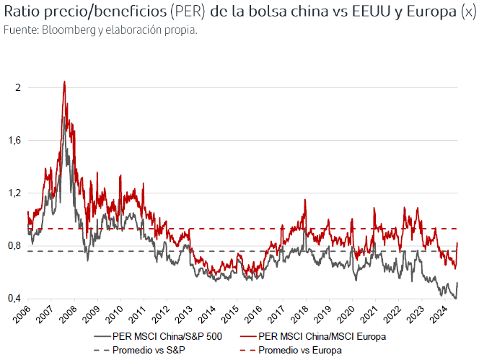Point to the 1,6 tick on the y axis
tap(14, 140)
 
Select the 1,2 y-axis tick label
tap(14, 193)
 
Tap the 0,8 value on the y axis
tap(14, 246)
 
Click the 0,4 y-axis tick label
tap(14, 299)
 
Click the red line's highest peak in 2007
tap(65, 82)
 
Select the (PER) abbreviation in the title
tap(186, 12)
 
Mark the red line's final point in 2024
tap(457, 243)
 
